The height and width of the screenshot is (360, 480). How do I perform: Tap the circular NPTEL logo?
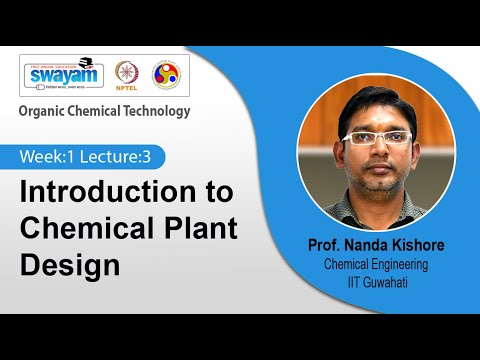click(x=126, y=76)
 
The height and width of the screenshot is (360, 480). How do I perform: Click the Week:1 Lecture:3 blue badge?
click(x=91, y=157)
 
